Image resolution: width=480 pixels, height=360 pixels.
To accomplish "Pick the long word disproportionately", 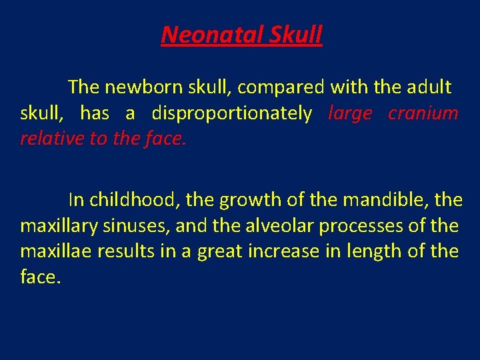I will tap(231, 113).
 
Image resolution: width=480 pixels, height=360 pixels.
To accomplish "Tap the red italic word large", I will tap(350, 113).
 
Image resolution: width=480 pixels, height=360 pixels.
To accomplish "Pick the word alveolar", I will tap(279, 226).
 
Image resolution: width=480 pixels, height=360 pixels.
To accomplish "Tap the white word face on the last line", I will tap(39, 277).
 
